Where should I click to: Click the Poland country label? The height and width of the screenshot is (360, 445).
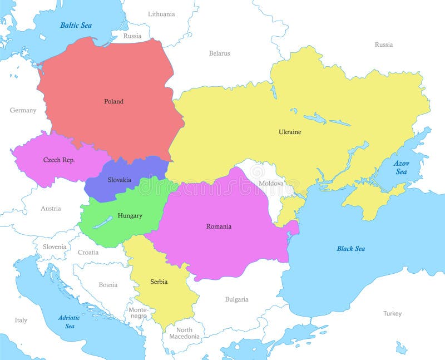point(113,101)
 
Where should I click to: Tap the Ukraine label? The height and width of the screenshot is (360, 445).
point(290,132)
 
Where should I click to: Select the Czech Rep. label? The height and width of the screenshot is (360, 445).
point(59,160)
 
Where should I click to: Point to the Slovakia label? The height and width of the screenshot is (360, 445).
point(120,180)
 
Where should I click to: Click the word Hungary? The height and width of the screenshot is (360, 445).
point(130,215)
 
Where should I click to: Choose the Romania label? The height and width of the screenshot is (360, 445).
point(219,226)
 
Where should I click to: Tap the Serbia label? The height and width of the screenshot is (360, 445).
point(159,282)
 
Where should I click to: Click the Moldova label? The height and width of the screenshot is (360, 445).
point(271,183)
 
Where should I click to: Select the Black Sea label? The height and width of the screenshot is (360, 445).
point(350,248)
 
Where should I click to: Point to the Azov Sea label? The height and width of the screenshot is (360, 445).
point(401,167)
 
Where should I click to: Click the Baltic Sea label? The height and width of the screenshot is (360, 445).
point(76,25)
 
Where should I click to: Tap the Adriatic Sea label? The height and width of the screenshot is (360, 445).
point(70,322)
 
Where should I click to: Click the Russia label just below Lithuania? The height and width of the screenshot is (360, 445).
point(132,36)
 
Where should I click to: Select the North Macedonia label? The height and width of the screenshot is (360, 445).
point(184,333)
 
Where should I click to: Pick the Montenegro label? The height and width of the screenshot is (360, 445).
point(139,313)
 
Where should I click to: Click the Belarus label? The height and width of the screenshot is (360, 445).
point(219,53)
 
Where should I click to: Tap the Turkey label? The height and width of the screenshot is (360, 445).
point(392,313)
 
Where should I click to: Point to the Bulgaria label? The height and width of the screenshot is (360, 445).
point(236,299)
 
